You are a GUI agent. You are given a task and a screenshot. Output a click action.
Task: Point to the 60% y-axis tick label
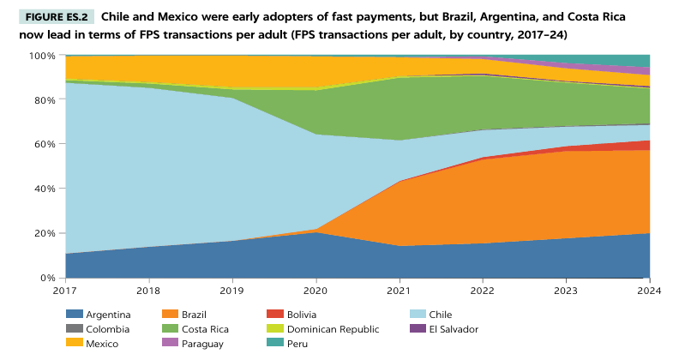pos(45,145)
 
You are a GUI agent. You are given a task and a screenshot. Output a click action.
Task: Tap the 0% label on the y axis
pos(49,278)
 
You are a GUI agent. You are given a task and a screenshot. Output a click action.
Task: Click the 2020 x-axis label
pos(315,291)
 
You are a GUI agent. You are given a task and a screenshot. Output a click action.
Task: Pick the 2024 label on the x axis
pos(649,291)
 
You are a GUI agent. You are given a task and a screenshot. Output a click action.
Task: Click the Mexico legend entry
pos(100,344)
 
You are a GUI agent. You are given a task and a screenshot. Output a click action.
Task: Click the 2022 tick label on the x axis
pos(482,291)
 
